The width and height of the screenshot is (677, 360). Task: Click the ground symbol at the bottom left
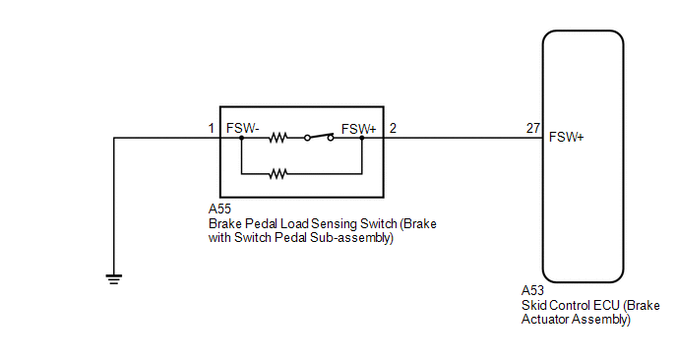[x=114, y=278]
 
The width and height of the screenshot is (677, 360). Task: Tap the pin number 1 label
[x=212, y=128]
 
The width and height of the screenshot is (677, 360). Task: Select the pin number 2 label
[x=393, y=128]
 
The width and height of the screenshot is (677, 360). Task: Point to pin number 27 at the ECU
[x=532, y=128]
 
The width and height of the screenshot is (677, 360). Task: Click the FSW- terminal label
[x=242, y=128]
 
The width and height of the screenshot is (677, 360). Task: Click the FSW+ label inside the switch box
[x=358, y=129]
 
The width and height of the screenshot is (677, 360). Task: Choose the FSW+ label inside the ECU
[x=566, y=137]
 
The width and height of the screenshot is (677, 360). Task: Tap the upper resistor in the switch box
[x=278, y=138]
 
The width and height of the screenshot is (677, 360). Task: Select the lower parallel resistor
[x=278, y=174]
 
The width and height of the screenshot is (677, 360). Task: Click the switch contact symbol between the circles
[x=320, y=136]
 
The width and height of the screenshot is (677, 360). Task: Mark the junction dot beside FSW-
[x=241, y=138]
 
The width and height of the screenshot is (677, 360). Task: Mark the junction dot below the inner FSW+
[x=362, y=138]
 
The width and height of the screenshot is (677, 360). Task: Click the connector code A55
[x=219, y=209]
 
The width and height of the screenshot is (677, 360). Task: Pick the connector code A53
[x=532, y=290]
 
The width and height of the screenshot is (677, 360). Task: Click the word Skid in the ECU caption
[x=532, y=306]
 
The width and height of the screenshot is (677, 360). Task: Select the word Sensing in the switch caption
[x=333, y=224]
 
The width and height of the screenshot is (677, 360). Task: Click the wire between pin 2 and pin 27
[x=462, y=138]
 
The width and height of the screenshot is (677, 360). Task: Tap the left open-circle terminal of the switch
[x=307, y=138]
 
